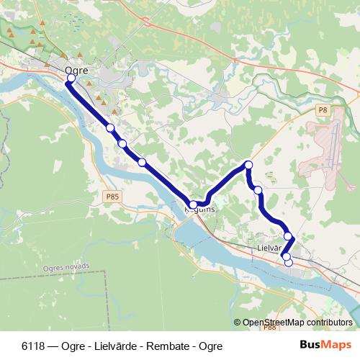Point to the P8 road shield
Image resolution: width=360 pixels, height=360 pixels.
click(x=322, y=110)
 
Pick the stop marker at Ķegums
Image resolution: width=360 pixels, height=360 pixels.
click(x=193, y=205)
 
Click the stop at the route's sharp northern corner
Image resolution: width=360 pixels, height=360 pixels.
click(x=248, y=166)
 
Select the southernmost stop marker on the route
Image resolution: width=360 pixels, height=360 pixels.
click(x=289, y=262)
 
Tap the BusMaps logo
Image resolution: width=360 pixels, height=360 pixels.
click(x=326, y=345)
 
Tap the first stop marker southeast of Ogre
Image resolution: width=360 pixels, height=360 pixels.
click(x=110, y=127)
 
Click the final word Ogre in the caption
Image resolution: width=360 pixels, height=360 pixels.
click(x=211, y=346)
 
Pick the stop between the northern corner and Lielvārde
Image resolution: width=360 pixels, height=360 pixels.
click(x=258, y=189)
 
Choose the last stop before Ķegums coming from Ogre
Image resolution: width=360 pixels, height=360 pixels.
click(x=142, y=162)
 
